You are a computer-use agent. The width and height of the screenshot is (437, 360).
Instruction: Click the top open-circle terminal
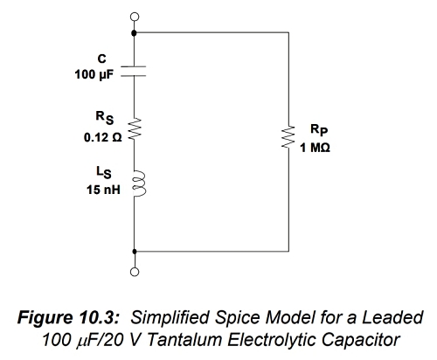point(135,17)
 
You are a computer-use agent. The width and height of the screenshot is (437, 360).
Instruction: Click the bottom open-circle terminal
point(135,272)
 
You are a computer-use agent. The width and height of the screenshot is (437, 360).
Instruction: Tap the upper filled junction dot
point(134,33)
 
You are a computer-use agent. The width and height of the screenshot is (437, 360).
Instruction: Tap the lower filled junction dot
point(135,251)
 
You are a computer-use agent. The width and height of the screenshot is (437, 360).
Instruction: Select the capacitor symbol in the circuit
point(134,72)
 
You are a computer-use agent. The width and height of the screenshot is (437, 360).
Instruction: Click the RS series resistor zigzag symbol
point(135,128)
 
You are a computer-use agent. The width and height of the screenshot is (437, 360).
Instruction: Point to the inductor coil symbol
point(138,183)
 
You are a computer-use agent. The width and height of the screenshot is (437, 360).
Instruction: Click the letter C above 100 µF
point(102,59)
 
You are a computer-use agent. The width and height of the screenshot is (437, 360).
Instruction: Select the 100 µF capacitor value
point(94,74)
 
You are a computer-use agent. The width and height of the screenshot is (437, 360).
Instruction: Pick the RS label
point(105,118)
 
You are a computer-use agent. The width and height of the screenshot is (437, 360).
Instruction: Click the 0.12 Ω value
point(103,137)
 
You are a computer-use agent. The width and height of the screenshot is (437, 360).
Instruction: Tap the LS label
point(104,172)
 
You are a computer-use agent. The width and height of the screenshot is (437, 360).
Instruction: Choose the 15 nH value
point(103,190)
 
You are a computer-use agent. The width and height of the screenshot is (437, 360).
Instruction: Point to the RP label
point(319,129)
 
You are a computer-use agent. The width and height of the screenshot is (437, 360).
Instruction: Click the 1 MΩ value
point(316,148)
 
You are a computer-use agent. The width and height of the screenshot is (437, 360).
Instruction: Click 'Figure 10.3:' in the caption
point(69,317)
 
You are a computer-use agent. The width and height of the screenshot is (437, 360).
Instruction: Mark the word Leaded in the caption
point(392,317)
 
